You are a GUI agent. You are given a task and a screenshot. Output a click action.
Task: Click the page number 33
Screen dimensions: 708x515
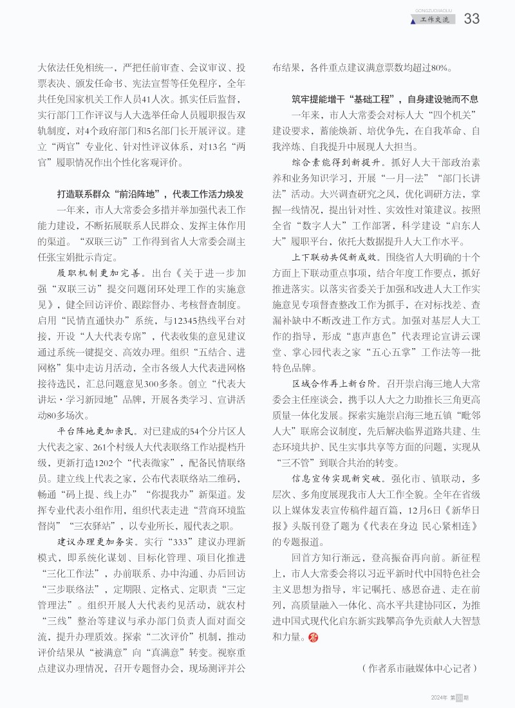pos(471,19)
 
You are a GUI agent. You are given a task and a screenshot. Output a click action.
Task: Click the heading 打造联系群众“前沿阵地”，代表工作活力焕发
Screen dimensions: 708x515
pos(150,193)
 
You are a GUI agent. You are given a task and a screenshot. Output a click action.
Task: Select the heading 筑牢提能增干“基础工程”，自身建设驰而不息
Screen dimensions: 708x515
pos(384,99)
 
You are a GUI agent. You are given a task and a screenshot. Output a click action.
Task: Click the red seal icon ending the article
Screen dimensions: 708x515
pos(314,637)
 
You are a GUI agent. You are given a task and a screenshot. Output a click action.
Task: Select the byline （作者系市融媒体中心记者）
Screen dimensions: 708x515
pos(418,669)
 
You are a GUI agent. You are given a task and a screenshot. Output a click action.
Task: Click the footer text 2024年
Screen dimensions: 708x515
pos(438,698)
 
